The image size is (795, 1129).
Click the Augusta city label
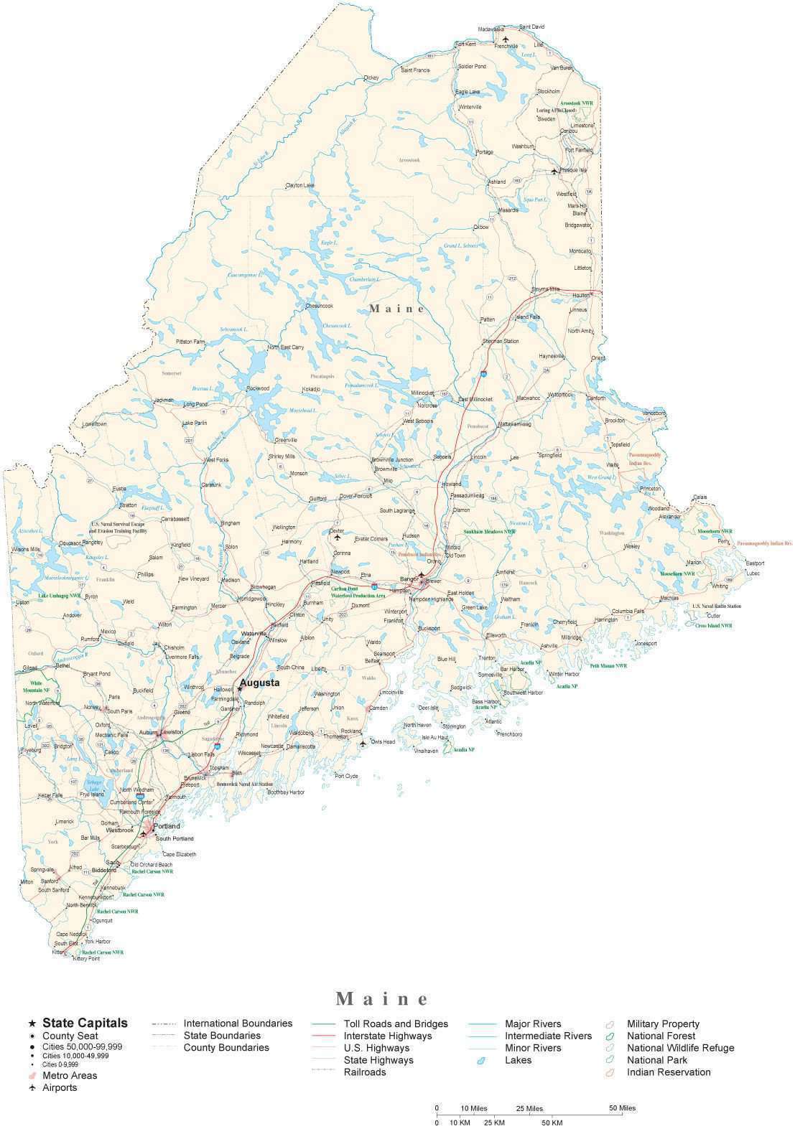(x=259, y=683)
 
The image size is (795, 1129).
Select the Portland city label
(x=167, y=826)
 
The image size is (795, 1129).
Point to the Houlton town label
(x=580, y=295)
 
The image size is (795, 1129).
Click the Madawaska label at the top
(x=491, y=29)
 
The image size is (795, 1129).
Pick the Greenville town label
(x=286, y=440)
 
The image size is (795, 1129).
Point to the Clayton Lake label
(x=300, y=185)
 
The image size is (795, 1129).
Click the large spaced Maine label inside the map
(x=397, y=309)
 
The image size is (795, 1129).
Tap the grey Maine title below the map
(x=382, y=998)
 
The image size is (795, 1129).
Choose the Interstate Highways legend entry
(x=388, y=1036)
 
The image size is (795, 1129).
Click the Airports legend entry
(x=60, y=1087)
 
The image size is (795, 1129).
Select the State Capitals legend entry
(x=85, y=1023)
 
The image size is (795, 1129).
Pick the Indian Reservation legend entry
(x=668, y=1072)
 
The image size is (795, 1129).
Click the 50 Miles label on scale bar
(x=623, y=1107)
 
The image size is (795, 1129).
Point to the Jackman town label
(x=164, y=400)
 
